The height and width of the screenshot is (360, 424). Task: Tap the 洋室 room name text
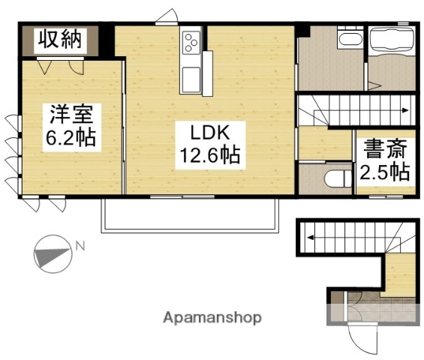pos(72,116)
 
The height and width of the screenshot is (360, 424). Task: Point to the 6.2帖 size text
pos(72,140)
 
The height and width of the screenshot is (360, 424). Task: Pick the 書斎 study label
pos(383,148)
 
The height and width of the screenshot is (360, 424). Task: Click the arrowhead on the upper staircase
pos(406,111)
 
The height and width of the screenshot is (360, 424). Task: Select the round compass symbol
pos(51,255)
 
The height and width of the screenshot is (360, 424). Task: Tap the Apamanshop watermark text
pos(212,318)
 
